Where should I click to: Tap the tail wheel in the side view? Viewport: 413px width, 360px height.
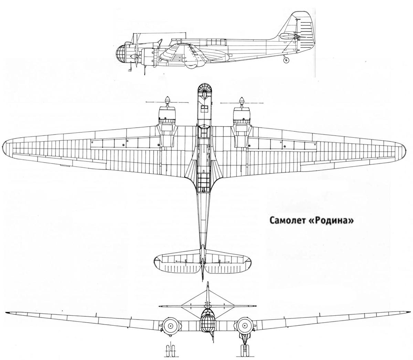point(286,60)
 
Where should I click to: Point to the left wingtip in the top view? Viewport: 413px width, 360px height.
point(4,146)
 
